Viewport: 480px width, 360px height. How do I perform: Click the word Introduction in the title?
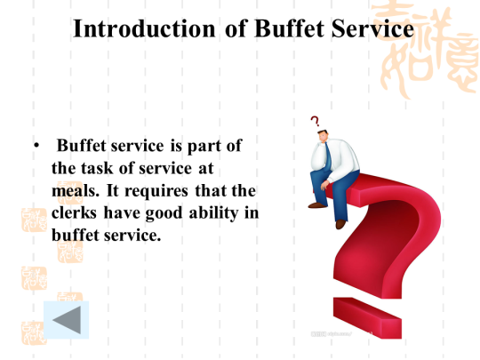pos(144,28)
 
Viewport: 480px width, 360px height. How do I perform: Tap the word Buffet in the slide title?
pos(289,28)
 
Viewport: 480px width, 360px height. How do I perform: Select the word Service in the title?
pos(372,28)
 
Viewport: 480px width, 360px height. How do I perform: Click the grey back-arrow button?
pos(67,320)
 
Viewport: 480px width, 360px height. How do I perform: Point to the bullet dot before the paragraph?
pos(36,145)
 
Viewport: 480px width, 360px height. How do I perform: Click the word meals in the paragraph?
pos(76,191)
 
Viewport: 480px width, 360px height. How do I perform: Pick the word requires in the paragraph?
pos(156,192)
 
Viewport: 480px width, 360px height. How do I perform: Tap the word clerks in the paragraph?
pos(74,212)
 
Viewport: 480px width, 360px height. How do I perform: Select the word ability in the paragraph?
pos(213,213)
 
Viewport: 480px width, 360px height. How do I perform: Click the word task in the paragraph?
pos(97,168)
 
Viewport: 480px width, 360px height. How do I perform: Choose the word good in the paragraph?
pos(164,213)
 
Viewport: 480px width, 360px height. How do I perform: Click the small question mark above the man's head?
pos(315,121)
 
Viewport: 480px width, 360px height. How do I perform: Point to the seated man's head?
pos(323,136)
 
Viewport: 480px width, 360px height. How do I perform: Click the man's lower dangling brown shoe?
pos(340,224)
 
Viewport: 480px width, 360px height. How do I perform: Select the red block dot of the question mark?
pos(367,317)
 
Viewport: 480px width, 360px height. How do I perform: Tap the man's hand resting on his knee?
pos(324,185)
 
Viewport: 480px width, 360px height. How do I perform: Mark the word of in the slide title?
pos(236,28)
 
